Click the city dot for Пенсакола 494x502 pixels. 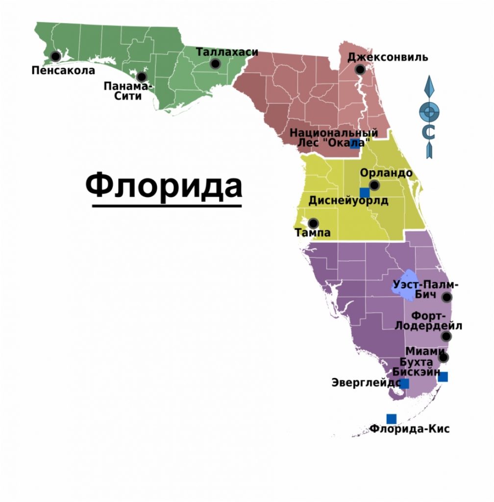[x=55, y=56]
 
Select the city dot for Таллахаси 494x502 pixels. [x=215, y=63]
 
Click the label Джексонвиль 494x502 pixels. [x=387, y=57]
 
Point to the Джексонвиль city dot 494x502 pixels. [x=360, y=70]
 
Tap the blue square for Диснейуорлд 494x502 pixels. [x=364, y=193]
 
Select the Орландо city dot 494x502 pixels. [x=374, y=185]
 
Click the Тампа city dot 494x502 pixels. [x=313, y=223]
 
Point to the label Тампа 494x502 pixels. [x=312, y=233]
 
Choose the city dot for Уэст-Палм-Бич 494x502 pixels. [x=446, y=297]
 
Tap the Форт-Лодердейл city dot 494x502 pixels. [x=446, y=336]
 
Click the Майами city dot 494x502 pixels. [x=443, y=357]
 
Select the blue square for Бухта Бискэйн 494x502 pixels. [x=443, y=376]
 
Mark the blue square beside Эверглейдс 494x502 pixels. [x=404, y=383]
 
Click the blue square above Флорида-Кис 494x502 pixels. [x=391, y=419]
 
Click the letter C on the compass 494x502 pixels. [x=429, y=132]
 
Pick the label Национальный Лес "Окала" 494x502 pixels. [x=334, y=137]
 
